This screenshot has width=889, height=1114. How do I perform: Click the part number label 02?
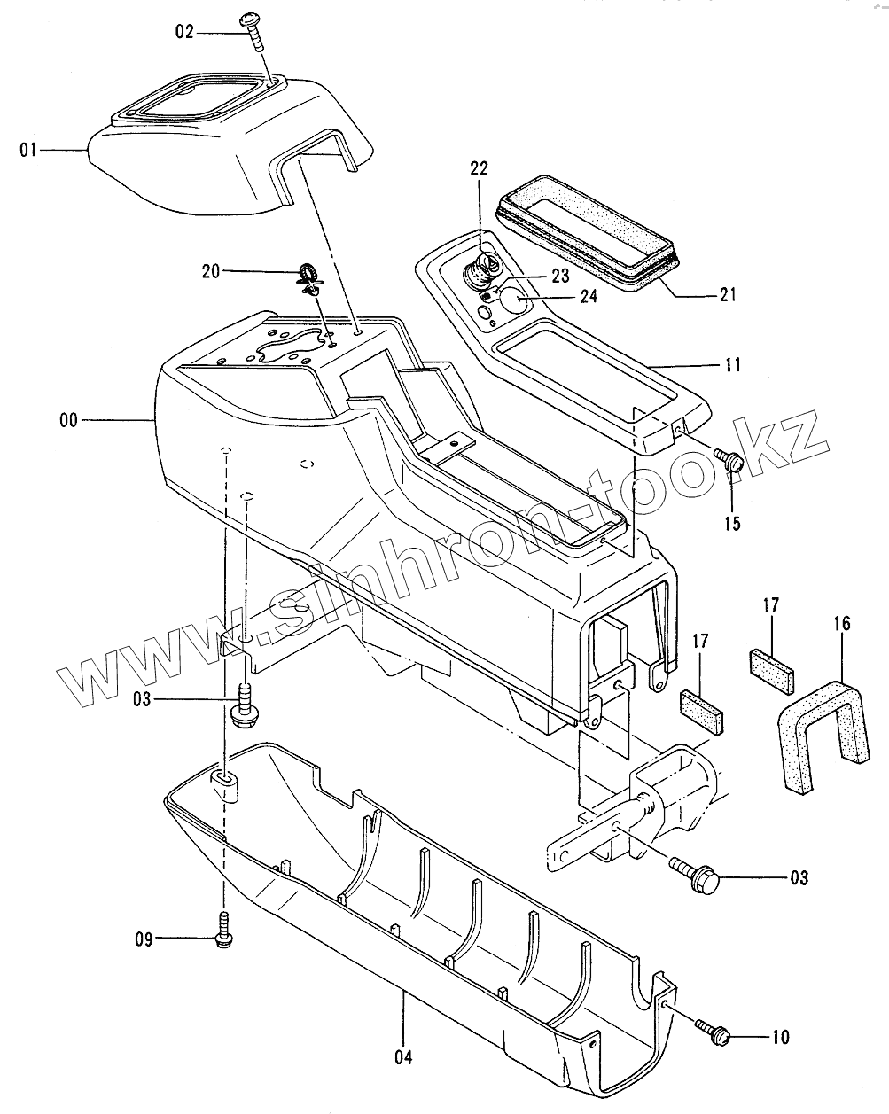(x=183, y=33)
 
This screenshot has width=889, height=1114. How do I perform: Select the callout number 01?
(x=29, y=151)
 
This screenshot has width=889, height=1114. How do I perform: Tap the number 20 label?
(x=210, y=271)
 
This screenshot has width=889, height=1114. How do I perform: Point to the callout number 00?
(x=69, y=421)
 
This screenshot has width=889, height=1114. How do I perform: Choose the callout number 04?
(x=404, y=1056)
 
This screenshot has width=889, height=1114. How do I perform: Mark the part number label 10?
(x=780, y=1037)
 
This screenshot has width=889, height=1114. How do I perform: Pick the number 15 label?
(x=732, y=522)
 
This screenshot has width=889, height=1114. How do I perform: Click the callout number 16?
(x=841, y=624)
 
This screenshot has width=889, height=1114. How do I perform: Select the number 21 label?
(x=727, y=295)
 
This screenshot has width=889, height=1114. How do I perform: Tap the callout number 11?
(x=733, y=364)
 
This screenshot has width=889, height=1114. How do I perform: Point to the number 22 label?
(x=480, y=169)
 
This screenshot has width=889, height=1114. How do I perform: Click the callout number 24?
(x=589, y=296)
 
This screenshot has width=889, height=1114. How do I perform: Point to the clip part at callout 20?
(x=308, y=275)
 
